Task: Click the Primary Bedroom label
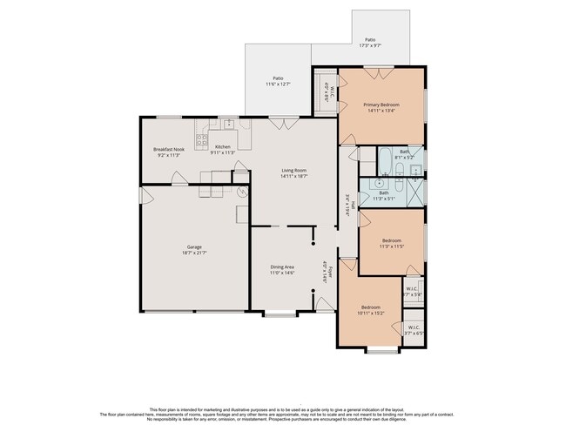click(383, 107)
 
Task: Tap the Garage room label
click(194, 249)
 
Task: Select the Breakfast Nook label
click(168, 152)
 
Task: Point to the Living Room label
click(293, 173)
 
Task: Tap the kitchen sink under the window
click(226, 125)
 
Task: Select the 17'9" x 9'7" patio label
click(370, 43)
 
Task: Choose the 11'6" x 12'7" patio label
click(279, 81)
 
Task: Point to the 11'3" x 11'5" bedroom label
click(392, 243)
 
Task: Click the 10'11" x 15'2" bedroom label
click(371, 310)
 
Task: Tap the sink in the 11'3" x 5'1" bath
click(380, 185)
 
